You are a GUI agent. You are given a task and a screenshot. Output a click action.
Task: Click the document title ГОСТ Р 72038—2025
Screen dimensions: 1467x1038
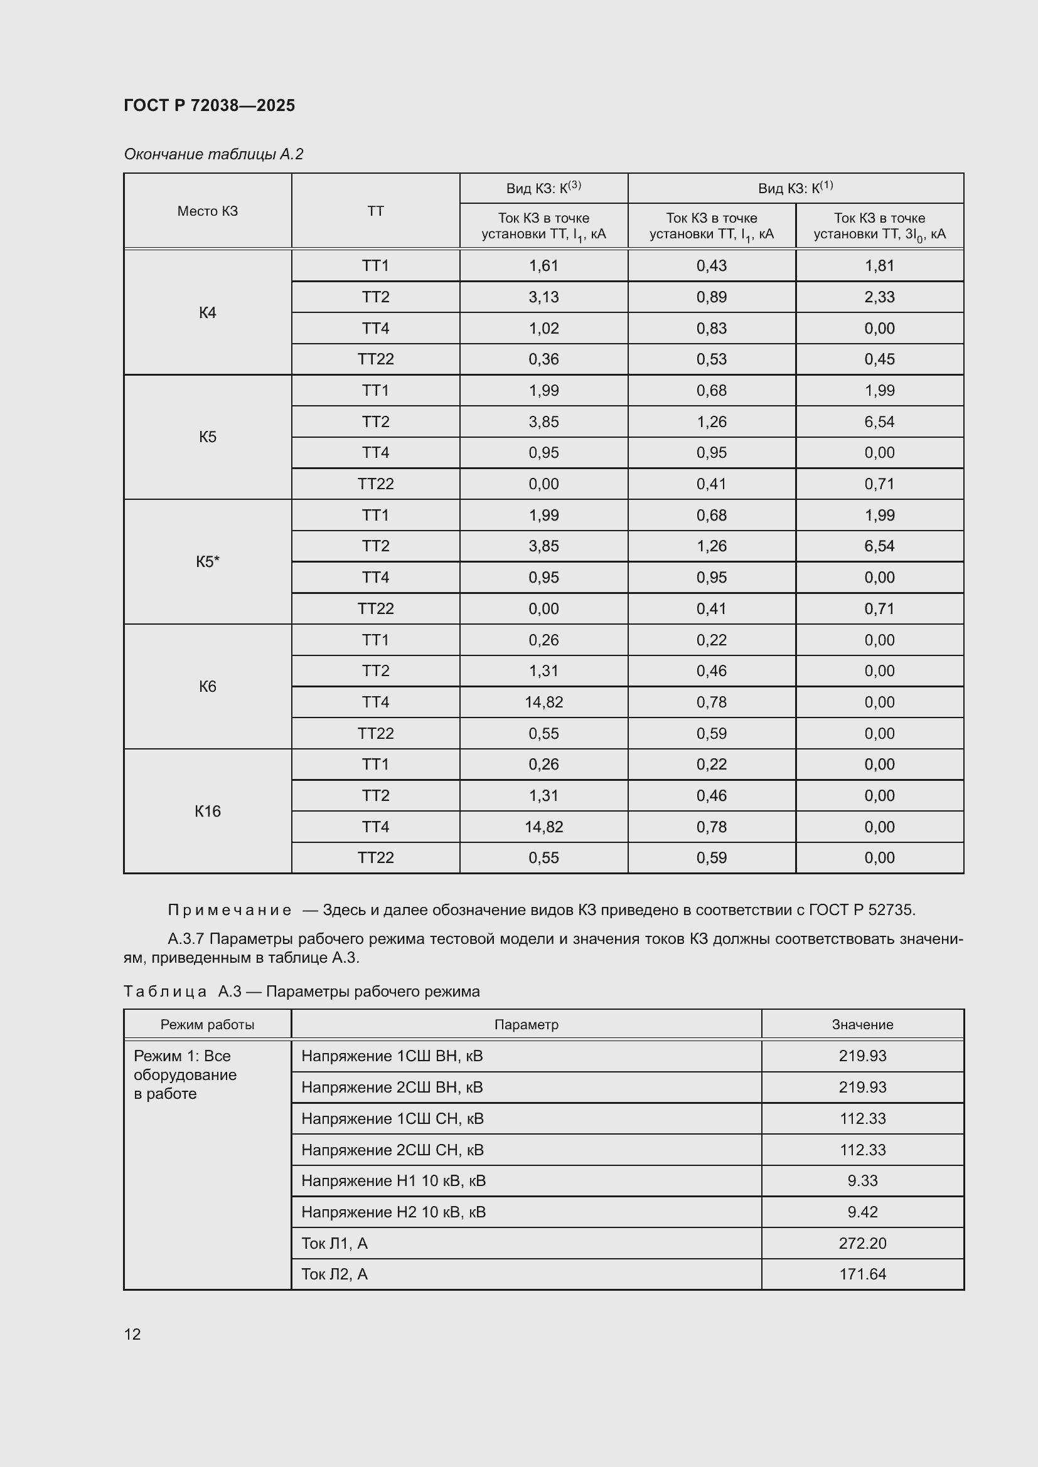(209, 105)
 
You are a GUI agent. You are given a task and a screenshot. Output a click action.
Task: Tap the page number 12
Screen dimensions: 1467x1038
(132, 1334)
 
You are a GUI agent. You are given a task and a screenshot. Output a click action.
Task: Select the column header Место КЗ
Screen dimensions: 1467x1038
(208, 211)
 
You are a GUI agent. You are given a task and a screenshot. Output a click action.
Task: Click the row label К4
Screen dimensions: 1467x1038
(208, 312)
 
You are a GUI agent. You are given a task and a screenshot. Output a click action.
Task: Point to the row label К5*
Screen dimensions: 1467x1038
(208, 561)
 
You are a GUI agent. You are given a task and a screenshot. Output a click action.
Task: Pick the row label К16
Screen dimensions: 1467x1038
(208, 812)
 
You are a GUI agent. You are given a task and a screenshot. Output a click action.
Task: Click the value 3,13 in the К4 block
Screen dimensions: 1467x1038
(543, 297)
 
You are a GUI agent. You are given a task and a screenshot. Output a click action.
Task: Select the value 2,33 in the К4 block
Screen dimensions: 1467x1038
(879, 297)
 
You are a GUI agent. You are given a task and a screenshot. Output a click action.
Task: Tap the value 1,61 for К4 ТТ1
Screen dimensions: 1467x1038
(543, 266)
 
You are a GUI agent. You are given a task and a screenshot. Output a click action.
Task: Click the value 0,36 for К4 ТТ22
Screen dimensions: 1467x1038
(543, 359)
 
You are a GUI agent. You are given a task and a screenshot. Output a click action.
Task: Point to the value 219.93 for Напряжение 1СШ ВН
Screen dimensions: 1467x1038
(862, 1056)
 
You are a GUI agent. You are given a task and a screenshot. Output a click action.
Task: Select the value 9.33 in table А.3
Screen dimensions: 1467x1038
(862, 1181)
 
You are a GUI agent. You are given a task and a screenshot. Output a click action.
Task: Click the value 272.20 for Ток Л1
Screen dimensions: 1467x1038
(862, 1243)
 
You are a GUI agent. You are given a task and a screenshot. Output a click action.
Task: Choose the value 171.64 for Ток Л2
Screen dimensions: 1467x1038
(862, 1274)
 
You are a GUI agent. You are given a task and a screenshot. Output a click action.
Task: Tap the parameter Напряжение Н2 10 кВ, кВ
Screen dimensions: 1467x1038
(393, 1212)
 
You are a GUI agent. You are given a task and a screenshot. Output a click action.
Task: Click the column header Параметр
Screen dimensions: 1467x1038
(526, 1025)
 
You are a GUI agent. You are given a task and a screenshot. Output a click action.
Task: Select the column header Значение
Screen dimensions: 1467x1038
(862, 1025)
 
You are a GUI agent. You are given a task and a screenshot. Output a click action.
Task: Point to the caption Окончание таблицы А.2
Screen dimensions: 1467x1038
(213, 154)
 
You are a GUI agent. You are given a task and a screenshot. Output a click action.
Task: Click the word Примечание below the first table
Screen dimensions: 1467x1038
(230, 910)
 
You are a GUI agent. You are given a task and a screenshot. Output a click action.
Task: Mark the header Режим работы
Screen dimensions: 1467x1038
(208, 1025)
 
